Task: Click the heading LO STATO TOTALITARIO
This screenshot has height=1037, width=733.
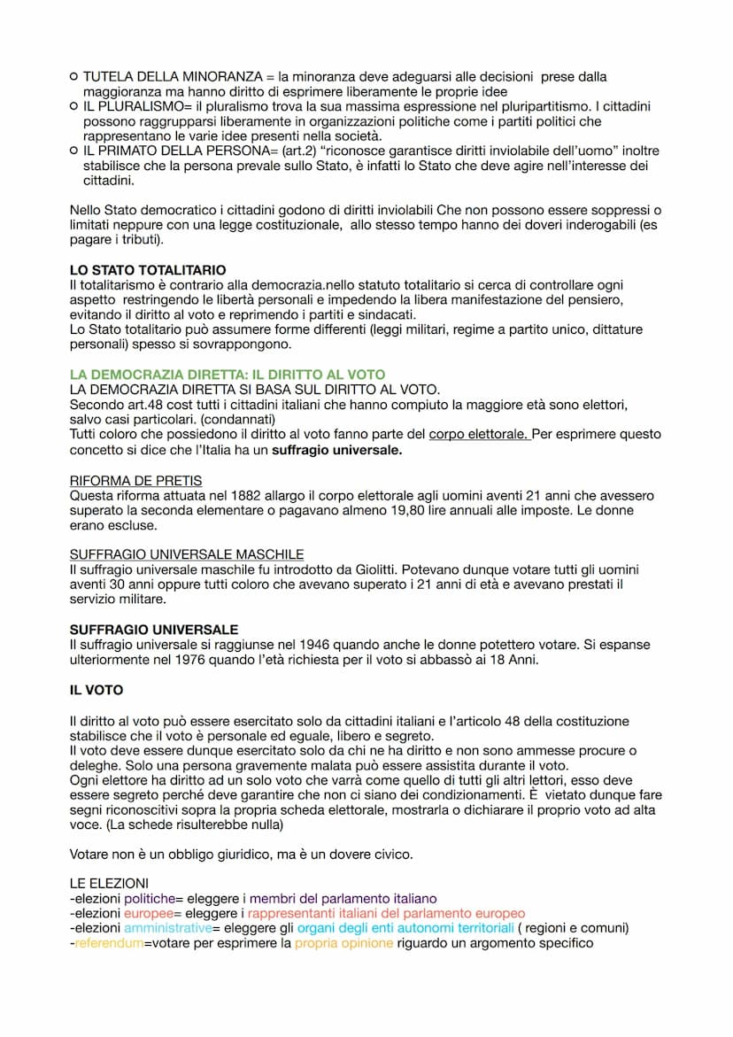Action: pyautogui.click(x=148, y=270)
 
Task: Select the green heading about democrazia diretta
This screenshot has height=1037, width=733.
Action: pyautogui.click(x=228, y=375)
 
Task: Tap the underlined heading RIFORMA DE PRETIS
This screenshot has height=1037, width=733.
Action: pyautogui.click(x=135, y=481)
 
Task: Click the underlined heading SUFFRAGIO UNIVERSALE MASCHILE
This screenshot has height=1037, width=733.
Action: pyautogui.click(x=187, y=554)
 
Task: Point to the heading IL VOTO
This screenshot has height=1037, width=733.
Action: pyautogui.click(x=96, y=689)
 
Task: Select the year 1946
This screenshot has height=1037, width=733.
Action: pyautogui.click(x=320, y=645)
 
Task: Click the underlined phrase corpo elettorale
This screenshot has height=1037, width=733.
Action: pyautogui.click(x=479, y=435)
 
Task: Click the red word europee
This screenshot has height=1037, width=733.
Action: pyautogui.click(x=148, y=913)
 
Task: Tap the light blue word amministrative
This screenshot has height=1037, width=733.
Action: pyautogui.click(x=168, y=928)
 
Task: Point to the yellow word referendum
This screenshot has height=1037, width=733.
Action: pyautogui.click(x=109, y=943)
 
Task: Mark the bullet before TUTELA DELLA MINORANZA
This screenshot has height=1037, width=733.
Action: pyautogui.click(x=73, y=77)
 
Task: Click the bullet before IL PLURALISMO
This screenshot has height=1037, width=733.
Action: pyautogui.click(x=73, y=106)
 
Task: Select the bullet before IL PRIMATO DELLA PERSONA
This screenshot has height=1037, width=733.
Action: pyautogui.click(x=73, y=151)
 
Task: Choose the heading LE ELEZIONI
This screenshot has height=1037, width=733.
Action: pyautogui.click(x=109, y=884)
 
